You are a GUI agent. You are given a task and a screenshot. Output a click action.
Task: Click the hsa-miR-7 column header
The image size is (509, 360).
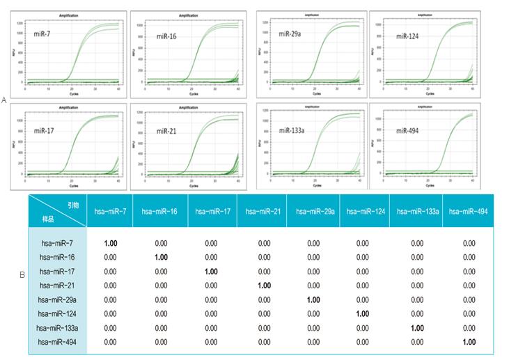point(110,211)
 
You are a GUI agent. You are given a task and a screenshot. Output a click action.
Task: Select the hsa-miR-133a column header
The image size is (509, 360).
point(417,211)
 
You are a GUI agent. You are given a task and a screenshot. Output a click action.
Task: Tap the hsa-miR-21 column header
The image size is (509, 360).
point(265,211)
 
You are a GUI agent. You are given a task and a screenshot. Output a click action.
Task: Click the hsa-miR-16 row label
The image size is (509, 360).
point(58,258)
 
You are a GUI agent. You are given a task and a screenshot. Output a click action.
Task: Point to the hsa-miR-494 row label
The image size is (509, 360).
point(58,342)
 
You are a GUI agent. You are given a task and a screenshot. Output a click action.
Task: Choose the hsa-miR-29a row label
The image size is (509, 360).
point(58,299)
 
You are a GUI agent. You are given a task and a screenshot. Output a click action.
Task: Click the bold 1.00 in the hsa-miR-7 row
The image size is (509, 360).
point(110,243)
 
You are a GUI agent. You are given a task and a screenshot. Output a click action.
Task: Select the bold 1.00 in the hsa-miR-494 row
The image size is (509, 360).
point(469,342)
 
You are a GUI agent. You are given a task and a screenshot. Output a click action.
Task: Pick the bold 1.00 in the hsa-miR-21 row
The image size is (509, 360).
point(265,285)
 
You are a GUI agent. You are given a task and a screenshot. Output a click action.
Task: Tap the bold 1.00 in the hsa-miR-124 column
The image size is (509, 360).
point(363,314)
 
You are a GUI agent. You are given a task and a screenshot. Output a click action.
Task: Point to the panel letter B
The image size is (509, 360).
point(22,274)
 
